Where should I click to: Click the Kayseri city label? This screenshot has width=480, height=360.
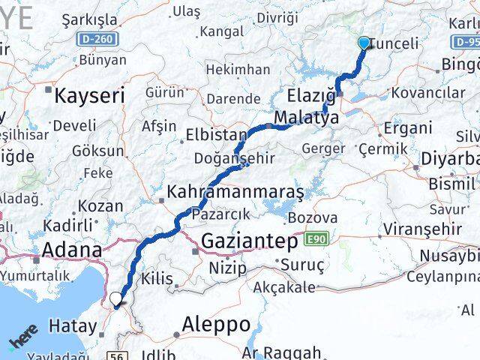point(88,94)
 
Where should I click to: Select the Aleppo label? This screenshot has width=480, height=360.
point(215,325)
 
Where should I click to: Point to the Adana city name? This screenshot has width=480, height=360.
point(73,250)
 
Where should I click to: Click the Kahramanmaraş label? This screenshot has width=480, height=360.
point(235,192)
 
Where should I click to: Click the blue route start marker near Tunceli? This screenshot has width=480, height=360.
point(364,43)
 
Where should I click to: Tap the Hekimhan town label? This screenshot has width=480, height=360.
point(237,70)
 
